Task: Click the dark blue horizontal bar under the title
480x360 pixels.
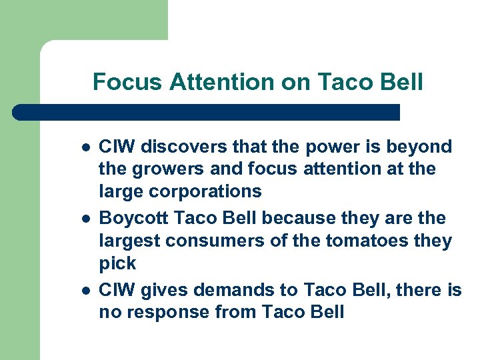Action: (x=207, y=112)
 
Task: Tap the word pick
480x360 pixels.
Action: (x=117, y=264)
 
